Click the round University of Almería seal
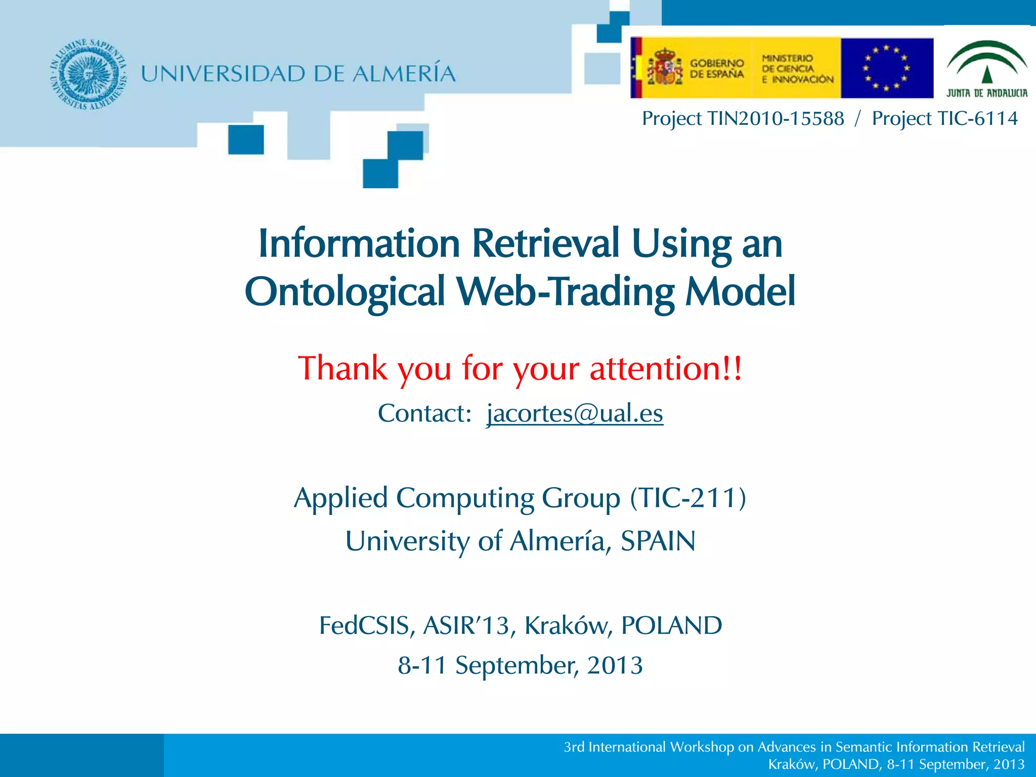click(88, 74)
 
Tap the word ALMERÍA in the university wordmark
click(404, 74)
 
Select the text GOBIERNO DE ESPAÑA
click(717, 69)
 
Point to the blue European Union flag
click(886, 68)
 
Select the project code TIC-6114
click(977, 118)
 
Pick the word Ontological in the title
click(344, 292)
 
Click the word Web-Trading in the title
click(566, 292)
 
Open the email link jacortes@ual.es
click(575, 413)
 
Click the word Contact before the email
click(424, 413)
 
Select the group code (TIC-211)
click(688, 498)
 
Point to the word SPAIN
click(658, 541)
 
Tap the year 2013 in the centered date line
click(615, 665)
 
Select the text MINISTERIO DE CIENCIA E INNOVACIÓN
click(797, 69)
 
